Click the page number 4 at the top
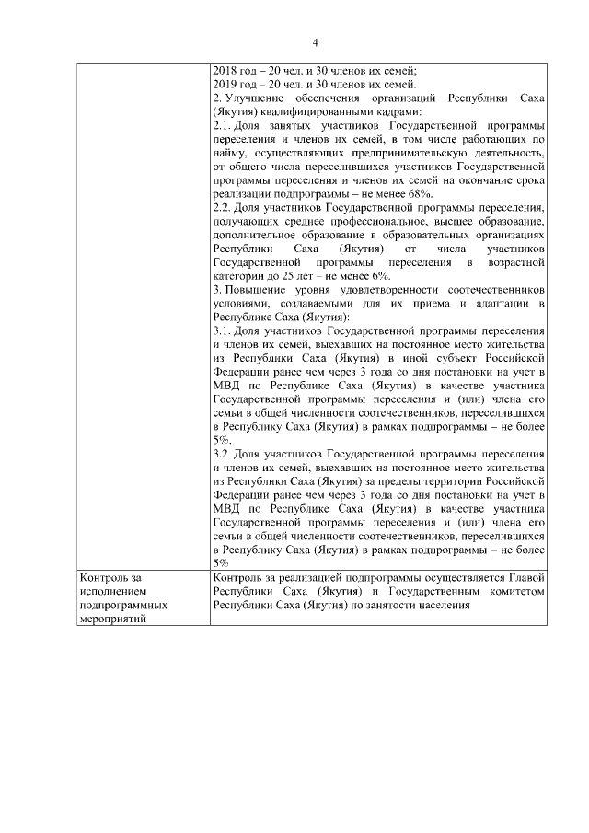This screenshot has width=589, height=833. pyautogui.click(x=315, y=42)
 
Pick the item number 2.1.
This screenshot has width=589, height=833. pyautogui.click(x=222, y=125)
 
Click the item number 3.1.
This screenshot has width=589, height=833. pyautogui.click(x=222, y=331)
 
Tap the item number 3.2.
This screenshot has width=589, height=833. pyautogui.click(x=222, y=455)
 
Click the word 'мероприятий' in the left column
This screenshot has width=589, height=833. pyautogui.click(x=117, y=620)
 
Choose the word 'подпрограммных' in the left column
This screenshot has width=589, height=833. pyautogui.click(x=124, y=606)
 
